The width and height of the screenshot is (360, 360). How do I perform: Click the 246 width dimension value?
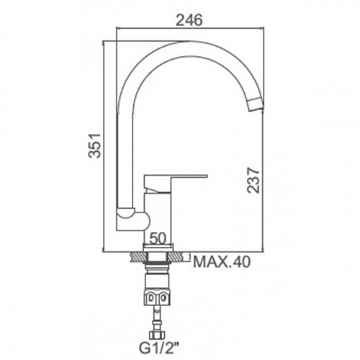tap(189, 20)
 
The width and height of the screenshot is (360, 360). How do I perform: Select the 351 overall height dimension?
tap(94, 145)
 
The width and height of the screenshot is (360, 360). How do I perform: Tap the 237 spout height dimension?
tap(253, 180)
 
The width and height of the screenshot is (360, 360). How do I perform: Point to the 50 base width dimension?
tap(158, 238)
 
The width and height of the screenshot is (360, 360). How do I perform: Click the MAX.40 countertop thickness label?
tap(222, 262)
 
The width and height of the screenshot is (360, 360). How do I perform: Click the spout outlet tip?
tap(256, 104)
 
